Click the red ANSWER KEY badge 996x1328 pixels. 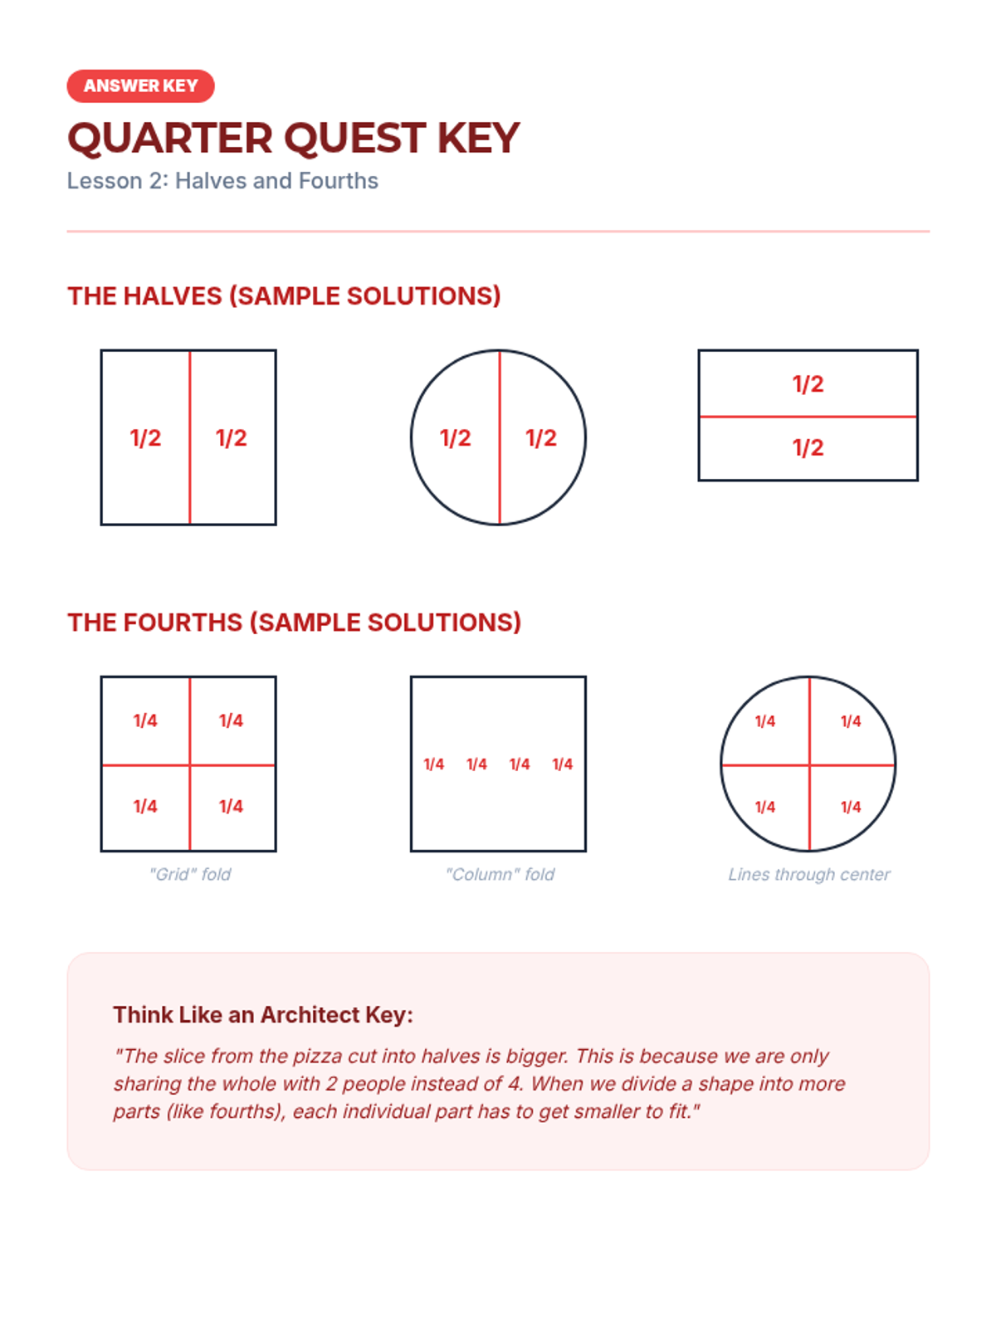[140, 86]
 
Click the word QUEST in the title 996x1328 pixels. [355, 139]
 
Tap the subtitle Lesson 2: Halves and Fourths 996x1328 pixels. [222, 181]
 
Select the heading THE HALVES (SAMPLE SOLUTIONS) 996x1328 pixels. [284, 295]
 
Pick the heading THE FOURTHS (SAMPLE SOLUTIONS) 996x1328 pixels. [294, 622]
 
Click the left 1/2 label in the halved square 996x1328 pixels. [146, 438]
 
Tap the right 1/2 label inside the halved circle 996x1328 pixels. [541, 438]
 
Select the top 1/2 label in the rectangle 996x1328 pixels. [808, 384]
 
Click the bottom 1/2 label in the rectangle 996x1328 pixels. [808, 447]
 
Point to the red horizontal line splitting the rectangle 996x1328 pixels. [808, 417]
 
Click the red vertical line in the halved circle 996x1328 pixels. [500, 437]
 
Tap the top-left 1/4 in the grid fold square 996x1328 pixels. [146, 720]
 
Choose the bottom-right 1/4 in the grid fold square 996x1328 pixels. [231, 807]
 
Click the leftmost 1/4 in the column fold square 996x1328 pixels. [433, 764]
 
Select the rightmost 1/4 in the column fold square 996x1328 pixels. [563, 764]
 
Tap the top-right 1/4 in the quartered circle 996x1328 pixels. [851, 721]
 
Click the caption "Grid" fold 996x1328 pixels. [190, 874]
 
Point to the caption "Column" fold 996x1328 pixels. [500, 874]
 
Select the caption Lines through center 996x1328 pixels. [809, 874]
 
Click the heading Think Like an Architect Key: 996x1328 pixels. [263, 1014]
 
